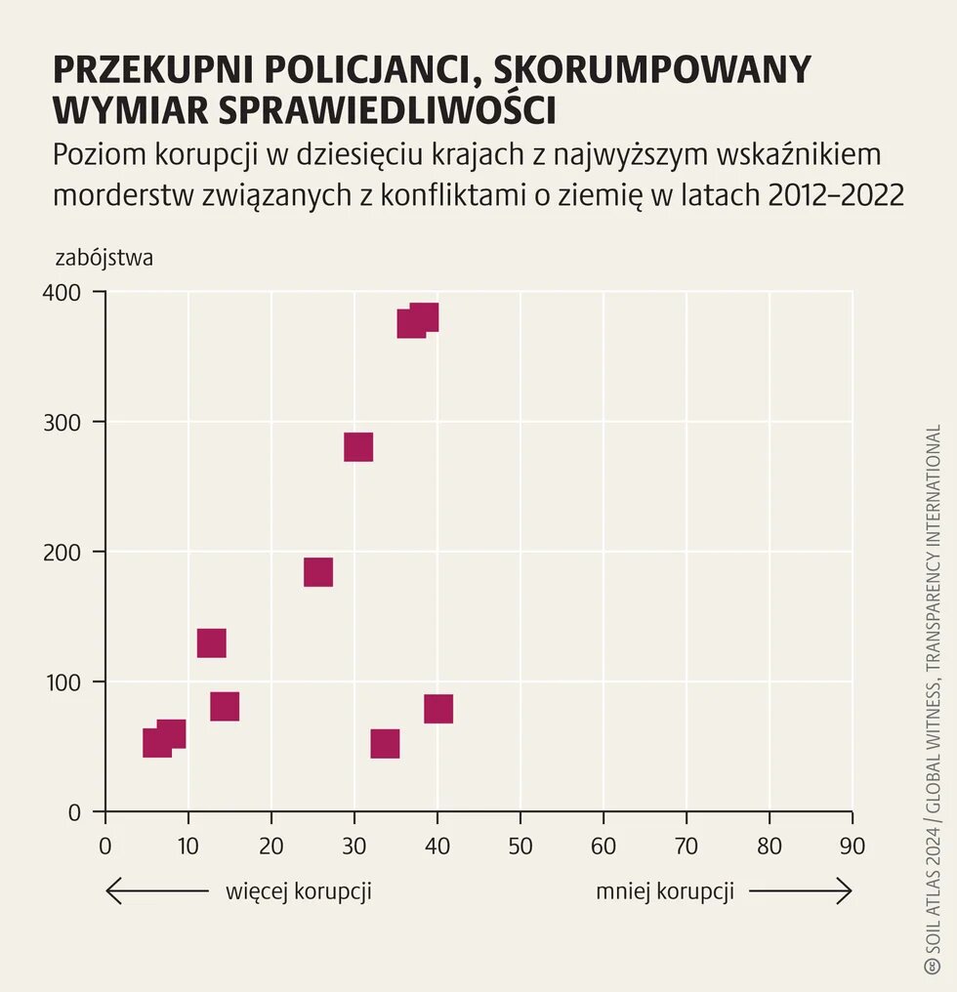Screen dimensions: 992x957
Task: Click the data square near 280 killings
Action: pos(358,447)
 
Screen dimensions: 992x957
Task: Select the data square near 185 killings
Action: pos(318,572)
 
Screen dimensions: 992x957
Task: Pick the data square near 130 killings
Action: pos(212,643)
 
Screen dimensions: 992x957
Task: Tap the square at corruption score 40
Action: pos(438,709)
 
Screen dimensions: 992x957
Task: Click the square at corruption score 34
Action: pos(385,744)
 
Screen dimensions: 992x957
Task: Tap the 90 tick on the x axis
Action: pos(852,846)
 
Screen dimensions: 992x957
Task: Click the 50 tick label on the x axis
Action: pos(520,846)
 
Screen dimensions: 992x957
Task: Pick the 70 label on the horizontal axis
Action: pos(687,846)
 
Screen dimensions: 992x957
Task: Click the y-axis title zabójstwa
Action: pos(104,259)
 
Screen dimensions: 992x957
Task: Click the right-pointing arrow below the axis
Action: pos(801,891)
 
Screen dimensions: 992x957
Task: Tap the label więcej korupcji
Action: pos(299,891)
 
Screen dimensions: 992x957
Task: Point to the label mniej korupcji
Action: pos(665,891)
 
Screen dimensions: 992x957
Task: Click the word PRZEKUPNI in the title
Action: pos(155,71)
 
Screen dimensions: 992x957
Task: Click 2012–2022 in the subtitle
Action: pos(836,195)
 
